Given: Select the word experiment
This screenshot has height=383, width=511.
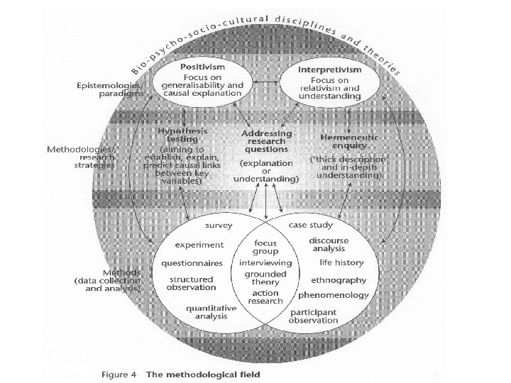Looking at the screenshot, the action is pos(200,245).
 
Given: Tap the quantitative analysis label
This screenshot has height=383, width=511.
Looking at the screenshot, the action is pos(207,312).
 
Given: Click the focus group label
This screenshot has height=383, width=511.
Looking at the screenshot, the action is pos(266,247).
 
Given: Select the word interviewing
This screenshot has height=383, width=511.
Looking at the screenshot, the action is pos(266,262).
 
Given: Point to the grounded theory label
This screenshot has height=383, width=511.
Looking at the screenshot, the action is pos(265,278).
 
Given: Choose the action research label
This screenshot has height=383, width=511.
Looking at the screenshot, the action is pos(265,297).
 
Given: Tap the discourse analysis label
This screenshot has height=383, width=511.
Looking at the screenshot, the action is pos(328,245).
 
